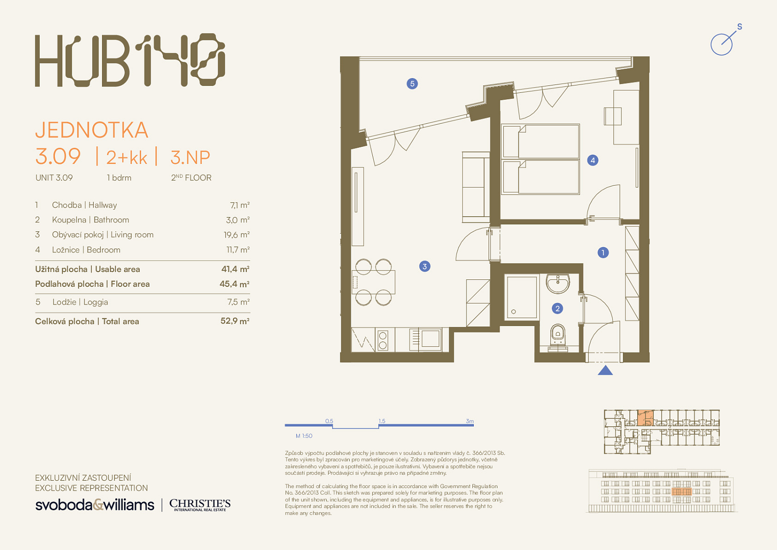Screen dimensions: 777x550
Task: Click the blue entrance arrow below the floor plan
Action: tap(605, 370)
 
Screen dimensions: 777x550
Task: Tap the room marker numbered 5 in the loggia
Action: tap(412, 83)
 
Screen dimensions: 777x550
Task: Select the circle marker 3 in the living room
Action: tap(425, 266)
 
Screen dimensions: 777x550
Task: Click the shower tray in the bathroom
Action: tap(522, 297)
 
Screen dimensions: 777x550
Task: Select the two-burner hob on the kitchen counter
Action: tap(383, 340)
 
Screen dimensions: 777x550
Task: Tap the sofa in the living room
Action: tap(475, 187)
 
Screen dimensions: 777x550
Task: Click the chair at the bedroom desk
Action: tap(612, 116)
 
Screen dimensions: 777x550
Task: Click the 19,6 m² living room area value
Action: tap(236, 235)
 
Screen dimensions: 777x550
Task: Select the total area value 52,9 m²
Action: tap(235, 321)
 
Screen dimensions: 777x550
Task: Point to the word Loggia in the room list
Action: tap(95, 302)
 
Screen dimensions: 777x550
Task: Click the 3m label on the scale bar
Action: tap(469, 421)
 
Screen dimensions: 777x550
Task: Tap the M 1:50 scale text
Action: tap(304, 436)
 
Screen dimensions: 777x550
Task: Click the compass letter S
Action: tap(740, 27)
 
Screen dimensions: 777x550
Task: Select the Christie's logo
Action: tap(200, 505)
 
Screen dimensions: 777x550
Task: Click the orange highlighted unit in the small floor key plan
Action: tap(646, 418)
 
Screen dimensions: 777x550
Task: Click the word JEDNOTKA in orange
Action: tap(92, 130)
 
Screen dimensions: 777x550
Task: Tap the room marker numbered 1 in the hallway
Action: tap(603, 252)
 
